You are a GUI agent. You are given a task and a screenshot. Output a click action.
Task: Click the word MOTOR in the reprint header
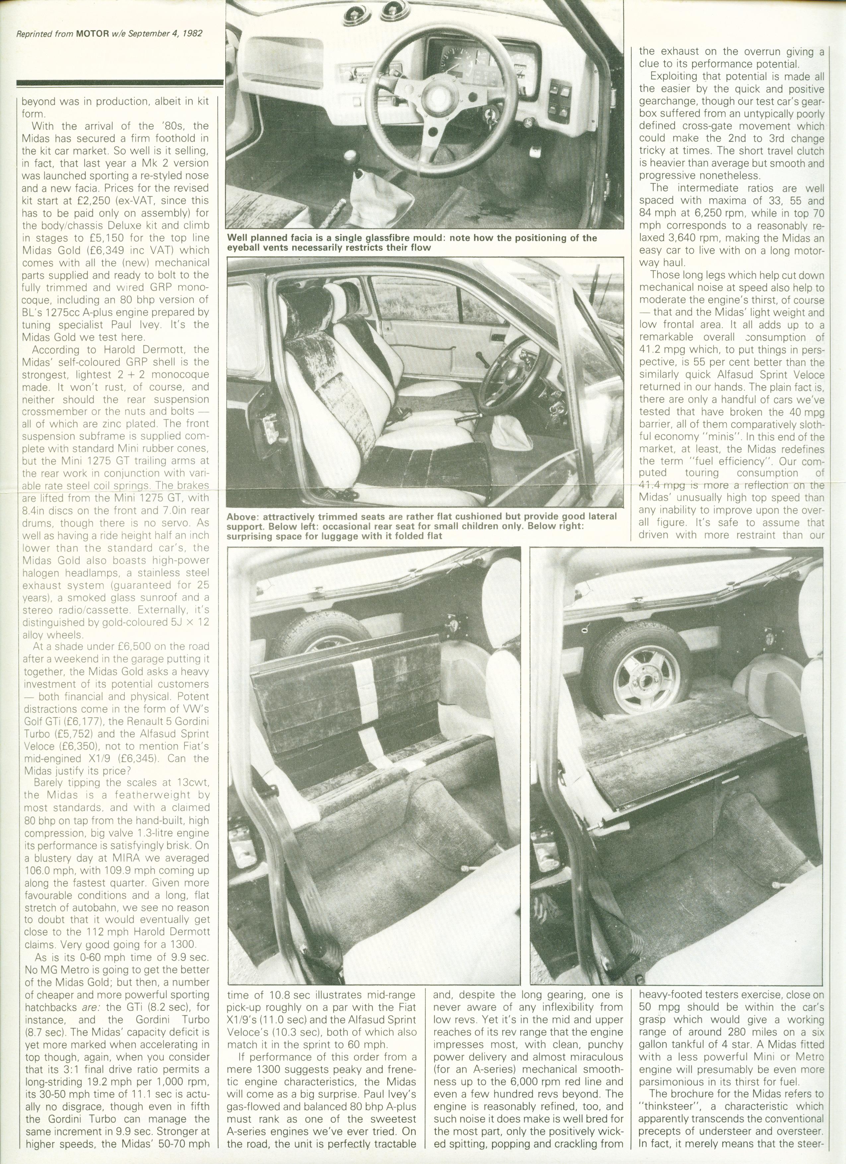pos(92,34)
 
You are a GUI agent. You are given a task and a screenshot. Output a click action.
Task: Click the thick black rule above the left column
pos(120,83)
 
